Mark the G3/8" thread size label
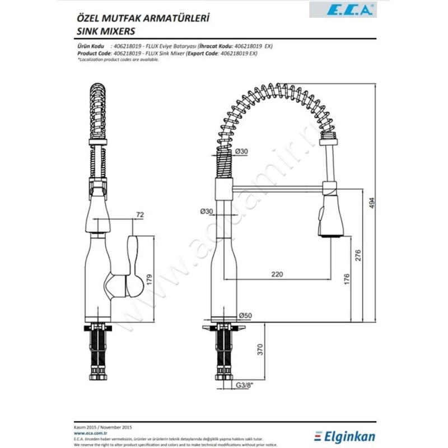pos(244,385)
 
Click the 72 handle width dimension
pos(140,214)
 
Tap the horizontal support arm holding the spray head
pos(274,185)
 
